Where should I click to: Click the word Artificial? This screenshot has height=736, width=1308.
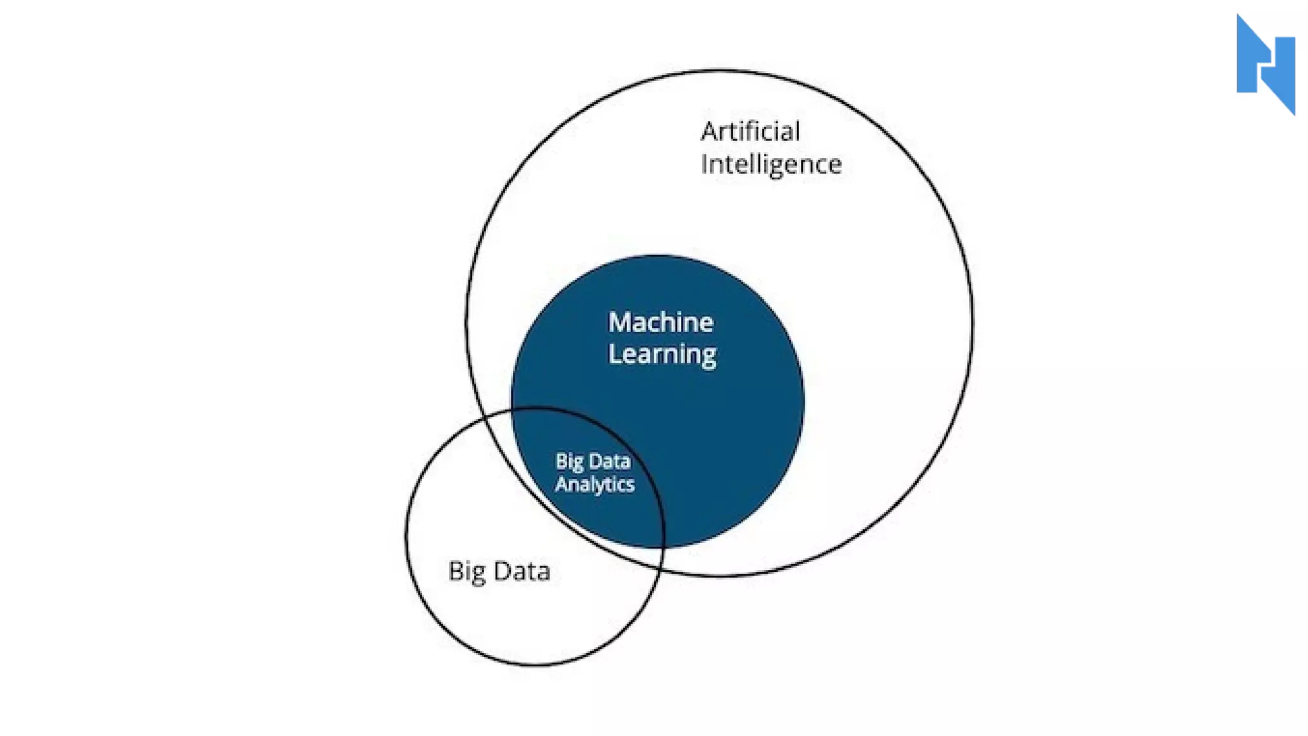coord(750,132)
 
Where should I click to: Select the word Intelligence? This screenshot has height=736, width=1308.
coord(771,165)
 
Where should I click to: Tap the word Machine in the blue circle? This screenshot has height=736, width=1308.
coord(660,322)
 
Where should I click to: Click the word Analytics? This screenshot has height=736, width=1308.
coord(595,484)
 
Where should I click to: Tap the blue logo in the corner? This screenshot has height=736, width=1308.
coord(1265,65)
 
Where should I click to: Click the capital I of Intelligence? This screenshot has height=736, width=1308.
coord(704,164)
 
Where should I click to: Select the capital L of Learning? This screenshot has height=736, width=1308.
coord(614,353)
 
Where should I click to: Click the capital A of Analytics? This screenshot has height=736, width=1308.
coord(562,484)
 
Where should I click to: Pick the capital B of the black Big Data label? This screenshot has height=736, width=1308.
coord(455,571)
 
